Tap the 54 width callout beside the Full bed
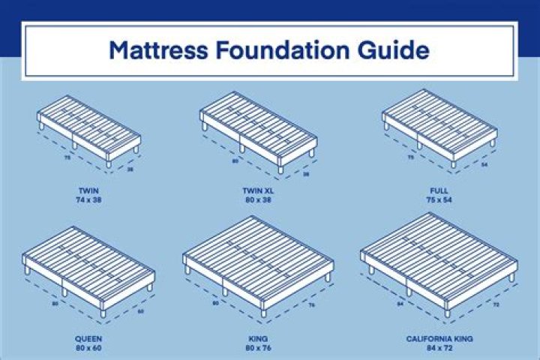[x=484, y=163]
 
